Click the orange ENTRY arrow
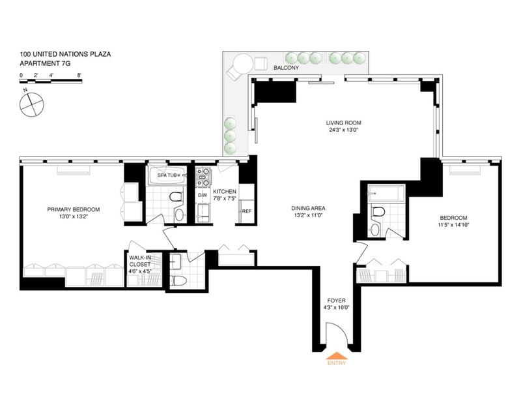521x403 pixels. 337,356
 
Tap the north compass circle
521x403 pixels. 31,104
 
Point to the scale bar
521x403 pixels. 51,81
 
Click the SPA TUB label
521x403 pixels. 167,175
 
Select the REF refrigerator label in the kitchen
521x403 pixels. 247,211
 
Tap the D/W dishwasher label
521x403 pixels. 203,195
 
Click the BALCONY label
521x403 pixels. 286,68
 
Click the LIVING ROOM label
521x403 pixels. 344,123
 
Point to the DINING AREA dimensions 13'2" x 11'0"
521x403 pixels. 309,215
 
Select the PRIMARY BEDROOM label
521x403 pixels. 74,209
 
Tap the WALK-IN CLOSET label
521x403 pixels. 140,261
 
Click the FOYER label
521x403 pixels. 336,301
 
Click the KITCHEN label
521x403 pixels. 225,192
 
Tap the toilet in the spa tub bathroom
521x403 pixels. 176,196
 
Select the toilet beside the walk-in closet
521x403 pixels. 175,280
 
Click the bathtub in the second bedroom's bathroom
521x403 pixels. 386,193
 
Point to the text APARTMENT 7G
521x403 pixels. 45,63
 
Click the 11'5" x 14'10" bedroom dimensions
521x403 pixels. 453,224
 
